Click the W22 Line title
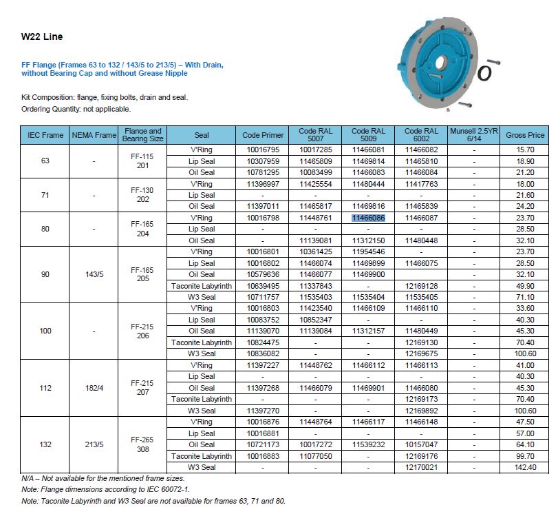42,37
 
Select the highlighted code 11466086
368,218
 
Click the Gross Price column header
525,135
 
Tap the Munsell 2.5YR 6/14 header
474,135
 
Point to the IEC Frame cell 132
45,444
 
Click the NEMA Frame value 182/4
94,388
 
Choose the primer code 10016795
262,150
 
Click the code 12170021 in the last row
421,467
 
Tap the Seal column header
202,135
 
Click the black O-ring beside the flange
485,71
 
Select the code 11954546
368,251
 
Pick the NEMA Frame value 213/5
94,444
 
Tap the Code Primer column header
262,135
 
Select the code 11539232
368,444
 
